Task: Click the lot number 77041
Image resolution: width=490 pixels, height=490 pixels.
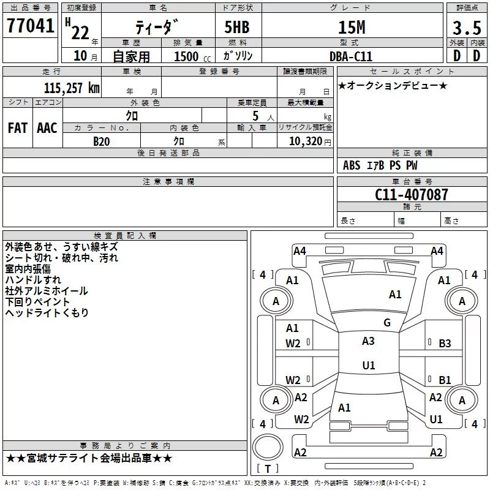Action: tap(30, 26)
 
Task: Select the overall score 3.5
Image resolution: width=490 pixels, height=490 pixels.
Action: tap(467, 28)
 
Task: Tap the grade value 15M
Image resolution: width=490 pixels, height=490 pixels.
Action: tap(352, 27)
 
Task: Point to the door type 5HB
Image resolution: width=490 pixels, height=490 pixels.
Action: tap(237, 27)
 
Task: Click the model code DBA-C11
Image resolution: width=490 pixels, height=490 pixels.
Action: tap(351, 56)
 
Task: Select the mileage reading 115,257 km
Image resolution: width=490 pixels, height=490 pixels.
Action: tap(72, 88)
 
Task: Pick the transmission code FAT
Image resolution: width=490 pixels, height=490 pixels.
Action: tap(18, 128)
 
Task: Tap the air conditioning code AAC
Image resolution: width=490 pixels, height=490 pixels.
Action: tap(47, 128)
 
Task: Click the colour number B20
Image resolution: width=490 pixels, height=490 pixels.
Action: tap(101, 141)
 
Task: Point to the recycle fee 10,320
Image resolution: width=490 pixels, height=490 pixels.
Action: tap(306, 141)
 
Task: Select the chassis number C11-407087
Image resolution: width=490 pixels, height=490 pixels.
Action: tap(411, 195)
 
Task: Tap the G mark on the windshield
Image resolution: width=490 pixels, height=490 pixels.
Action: tap(387, 323)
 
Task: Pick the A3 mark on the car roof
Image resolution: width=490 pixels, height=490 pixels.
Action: tap(368, 341)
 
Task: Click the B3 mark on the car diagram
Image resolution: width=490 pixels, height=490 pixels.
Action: tap(445, 344)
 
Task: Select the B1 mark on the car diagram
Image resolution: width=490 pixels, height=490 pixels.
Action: tap(445, 380)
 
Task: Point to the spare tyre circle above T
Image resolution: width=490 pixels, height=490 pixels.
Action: tap(268, 448)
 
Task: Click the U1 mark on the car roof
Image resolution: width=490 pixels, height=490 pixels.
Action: tap(369, 365)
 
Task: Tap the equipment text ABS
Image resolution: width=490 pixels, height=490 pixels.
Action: tap(352, 165)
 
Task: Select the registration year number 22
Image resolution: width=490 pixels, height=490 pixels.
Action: tap(80, 33)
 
